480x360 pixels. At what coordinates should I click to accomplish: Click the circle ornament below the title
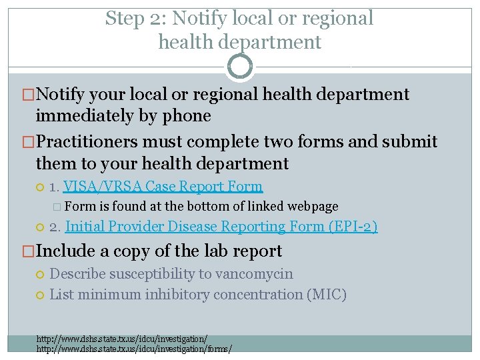(x=240, y=66)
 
